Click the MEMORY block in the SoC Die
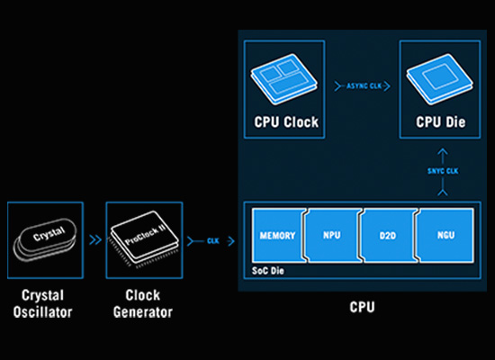pos(278,235)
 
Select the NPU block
pos(333,235)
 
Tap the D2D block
pos(389,235)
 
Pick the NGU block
pos(445,235)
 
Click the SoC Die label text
pos(267,271)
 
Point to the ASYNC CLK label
pos(364,85)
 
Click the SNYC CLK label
pos(443,171)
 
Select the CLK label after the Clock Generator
pos(213,241)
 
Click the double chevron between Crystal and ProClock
pos(95,240)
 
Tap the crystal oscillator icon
pos(45,240)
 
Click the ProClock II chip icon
pos(144,238)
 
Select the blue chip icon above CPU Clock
pos(284,79)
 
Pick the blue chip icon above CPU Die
pos(439,79)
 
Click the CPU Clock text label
pos(286,122)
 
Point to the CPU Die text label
pos(440,122)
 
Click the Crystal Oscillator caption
pos(43,304)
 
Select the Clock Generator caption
pos(143,304)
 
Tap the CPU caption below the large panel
pos(362,307)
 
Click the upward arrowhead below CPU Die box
pos(443,151)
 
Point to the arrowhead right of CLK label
pos(231,241)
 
